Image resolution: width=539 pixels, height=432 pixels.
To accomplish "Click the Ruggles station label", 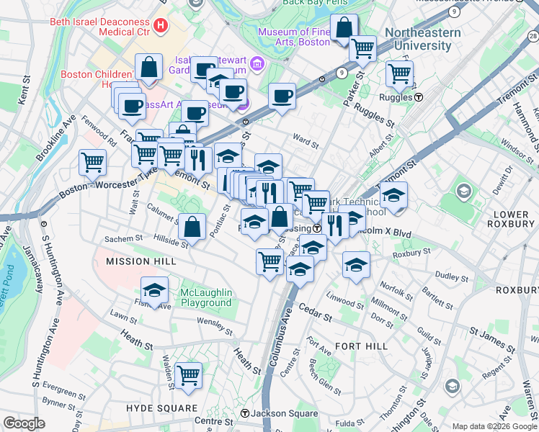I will click(x=404, y=96).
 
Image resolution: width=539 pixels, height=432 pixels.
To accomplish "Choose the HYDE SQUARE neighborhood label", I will click(x=161, y=408).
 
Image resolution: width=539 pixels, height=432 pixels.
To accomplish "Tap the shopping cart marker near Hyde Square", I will click(x=188, y=375).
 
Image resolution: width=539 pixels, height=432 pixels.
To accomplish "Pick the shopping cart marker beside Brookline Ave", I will click(x=93, y=162).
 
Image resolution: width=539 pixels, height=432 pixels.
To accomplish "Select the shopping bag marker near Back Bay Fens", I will click(x=345, y=29).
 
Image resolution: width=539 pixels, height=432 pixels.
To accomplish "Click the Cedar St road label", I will click(x=317, y=315).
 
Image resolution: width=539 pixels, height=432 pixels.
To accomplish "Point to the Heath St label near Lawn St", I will click(x=138, y=336).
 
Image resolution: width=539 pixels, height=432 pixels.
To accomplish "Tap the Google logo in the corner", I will click(x=24, y=423).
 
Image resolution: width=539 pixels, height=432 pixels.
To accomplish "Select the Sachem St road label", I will click(x=124, y=238).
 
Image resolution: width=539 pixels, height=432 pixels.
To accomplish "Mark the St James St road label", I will click(x=493, y=333).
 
